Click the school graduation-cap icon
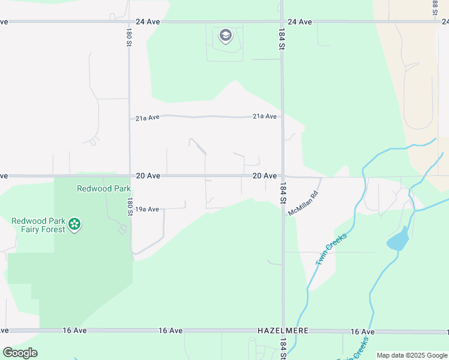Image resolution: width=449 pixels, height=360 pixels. (x=226, y=35)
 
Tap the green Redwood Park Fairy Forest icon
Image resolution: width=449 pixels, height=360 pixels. (x=74, y=225)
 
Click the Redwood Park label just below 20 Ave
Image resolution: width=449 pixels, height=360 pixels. (x=103, y=188)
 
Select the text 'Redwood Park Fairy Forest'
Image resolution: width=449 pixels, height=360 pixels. (x=38, y=225)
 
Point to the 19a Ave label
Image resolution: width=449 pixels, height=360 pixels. (x=146, y=209)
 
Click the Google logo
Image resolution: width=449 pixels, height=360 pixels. (x=20, y=353)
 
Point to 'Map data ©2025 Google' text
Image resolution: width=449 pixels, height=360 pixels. (x=412, y=355)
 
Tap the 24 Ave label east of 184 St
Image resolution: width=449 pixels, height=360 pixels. (x=300, y=22)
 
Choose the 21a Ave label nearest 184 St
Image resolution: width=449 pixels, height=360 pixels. (x=265, y=116)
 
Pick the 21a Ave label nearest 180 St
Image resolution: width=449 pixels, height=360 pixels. (x=147, y=118)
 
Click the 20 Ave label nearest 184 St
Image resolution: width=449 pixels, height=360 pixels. (x=264, y=176)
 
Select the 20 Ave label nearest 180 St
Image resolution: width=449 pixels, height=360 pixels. (x=148, y=176)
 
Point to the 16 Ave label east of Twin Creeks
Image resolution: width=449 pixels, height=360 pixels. (x=363, y=331)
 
